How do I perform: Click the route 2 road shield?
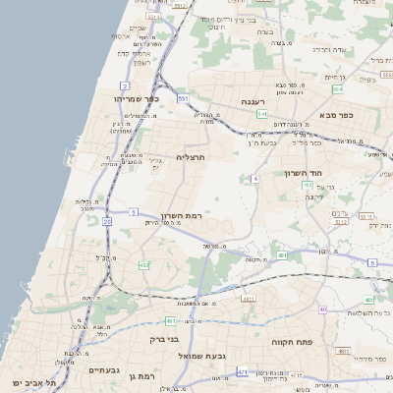click(x=125, y=85)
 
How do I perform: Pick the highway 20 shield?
click(x=106, y=222)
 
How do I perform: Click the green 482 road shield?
click(x=143, y=264)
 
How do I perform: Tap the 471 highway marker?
click(x=242, y=373)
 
